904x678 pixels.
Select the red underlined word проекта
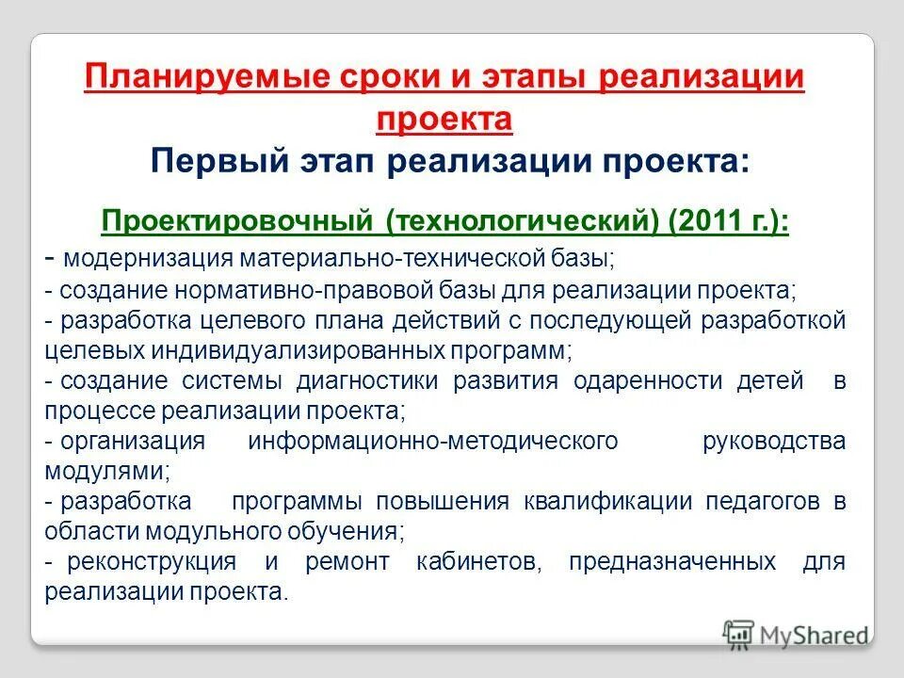[444, 119]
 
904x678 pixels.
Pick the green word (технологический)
[522, 223]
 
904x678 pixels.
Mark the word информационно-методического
[433, 441]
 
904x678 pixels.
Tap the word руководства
[774, 441]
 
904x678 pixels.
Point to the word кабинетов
[477, 562]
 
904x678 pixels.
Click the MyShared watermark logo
[797, 634]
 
